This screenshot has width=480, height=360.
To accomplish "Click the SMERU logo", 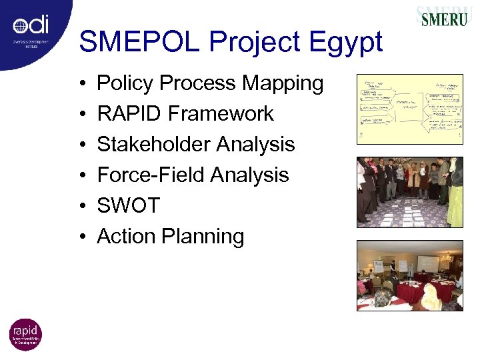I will (443, 17).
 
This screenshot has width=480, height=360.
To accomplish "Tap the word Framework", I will (221, 114).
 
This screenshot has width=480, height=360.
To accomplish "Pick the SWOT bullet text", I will (129, 206).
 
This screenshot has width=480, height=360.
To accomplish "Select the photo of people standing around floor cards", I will (409, 191).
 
